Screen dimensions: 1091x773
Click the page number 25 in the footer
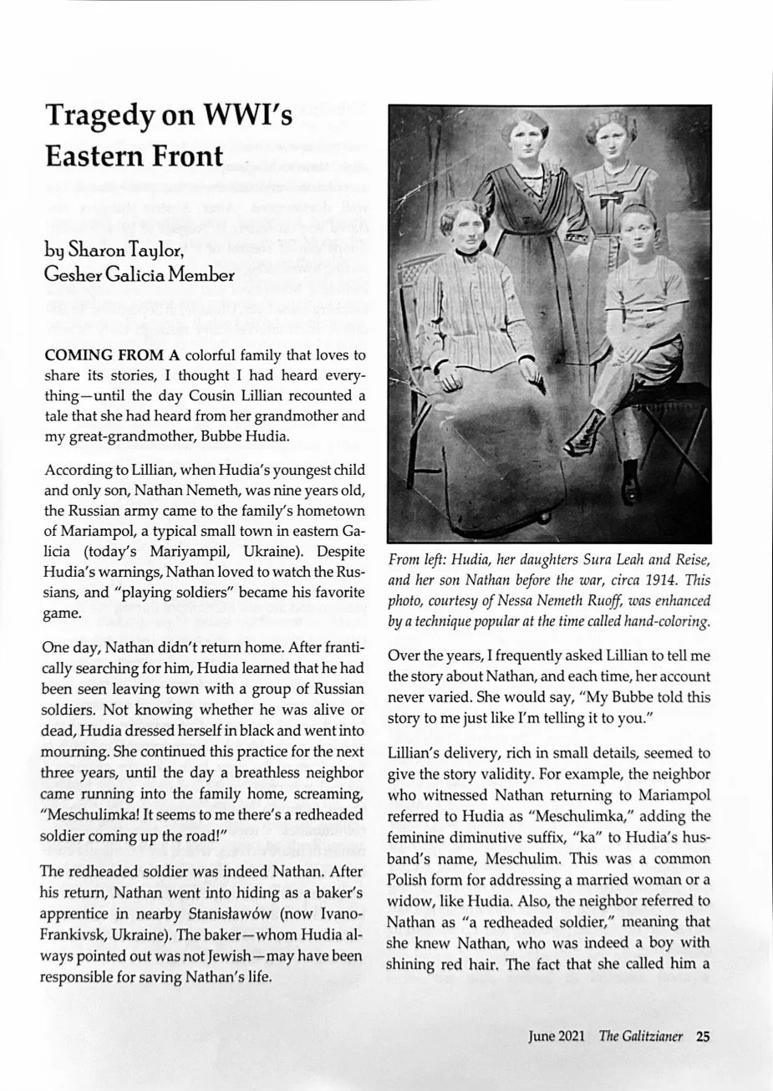(x=703, y=1037)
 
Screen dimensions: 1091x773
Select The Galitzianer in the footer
(x=640, y=1037)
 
